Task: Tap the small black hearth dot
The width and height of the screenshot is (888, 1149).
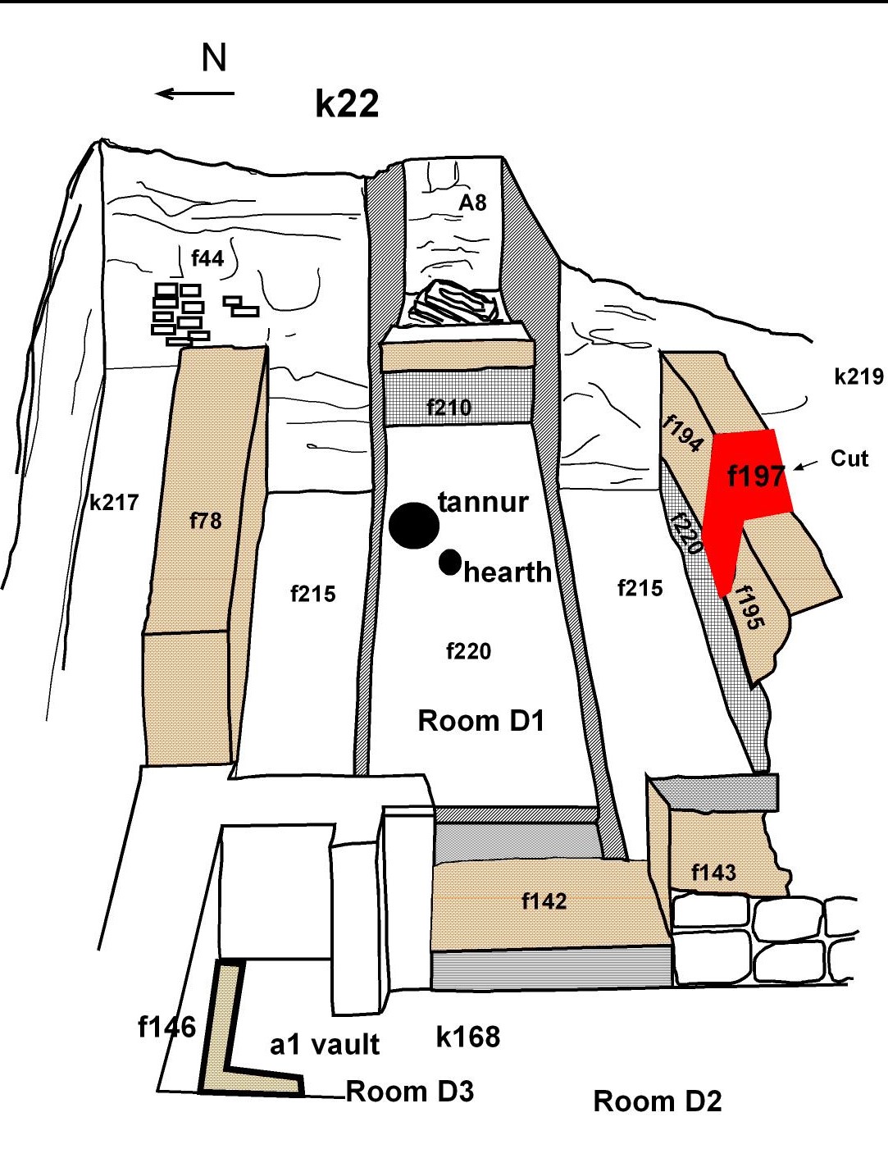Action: pos(449,562)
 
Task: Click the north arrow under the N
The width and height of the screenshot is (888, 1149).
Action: pos(195,93)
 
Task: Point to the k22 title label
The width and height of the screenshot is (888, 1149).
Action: pos(347,104)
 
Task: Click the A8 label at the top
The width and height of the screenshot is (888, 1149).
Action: pos(472,203)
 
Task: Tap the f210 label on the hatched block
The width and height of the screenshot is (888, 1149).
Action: pos(449,407)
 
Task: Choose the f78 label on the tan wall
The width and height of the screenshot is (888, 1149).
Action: pos(205,520)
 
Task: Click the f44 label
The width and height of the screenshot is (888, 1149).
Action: pos(207,259)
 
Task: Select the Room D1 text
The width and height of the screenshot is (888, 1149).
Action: pos(481,721)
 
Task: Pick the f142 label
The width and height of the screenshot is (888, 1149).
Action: pos(544,901)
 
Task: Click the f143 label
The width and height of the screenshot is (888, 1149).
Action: pos(713,872)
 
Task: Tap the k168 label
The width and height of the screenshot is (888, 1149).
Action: pos(468,1037)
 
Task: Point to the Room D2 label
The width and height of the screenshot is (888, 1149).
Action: pos(658,1101)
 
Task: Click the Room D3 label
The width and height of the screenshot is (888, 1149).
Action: pos(410,1092)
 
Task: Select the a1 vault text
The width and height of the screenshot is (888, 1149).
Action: pos(325,1045)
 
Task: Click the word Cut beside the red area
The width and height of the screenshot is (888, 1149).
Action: pos(849,458)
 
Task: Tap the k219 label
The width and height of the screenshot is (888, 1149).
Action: pos(858,376)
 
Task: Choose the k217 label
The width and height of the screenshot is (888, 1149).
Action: pos(114,502)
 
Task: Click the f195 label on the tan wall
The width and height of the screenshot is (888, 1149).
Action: pos(749,608)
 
